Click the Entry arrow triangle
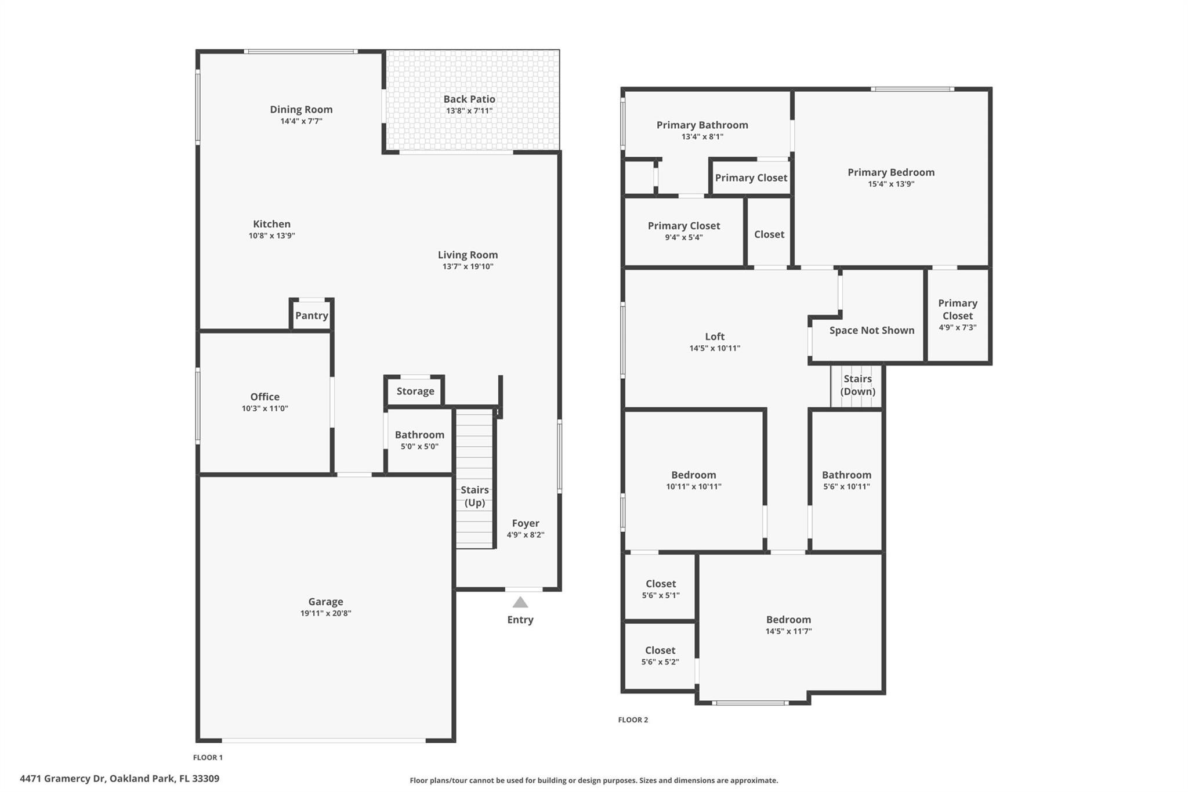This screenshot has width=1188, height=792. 520,602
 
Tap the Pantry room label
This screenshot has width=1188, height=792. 312,316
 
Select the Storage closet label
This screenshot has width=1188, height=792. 415,391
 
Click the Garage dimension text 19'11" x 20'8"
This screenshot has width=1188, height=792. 325,613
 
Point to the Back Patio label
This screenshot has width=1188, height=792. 469,99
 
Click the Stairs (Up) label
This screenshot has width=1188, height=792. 475,496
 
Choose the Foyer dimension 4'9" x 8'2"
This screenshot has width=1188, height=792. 526,535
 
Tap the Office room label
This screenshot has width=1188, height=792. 265,397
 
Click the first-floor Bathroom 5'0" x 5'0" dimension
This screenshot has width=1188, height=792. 419,447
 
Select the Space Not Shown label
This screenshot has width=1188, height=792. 872,330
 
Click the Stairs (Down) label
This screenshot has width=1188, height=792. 857,385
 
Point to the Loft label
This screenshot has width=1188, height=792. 715,337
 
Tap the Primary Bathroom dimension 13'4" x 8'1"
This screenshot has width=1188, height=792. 702,137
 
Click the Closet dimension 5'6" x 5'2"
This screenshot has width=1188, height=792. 660,662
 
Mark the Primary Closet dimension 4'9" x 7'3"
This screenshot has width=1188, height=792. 958,327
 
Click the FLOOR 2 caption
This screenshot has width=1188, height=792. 633,719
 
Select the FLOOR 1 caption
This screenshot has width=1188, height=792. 208,757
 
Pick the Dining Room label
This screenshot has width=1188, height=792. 301,109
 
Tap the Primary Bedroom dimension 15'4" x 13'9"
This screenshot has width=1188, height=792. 891,185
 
